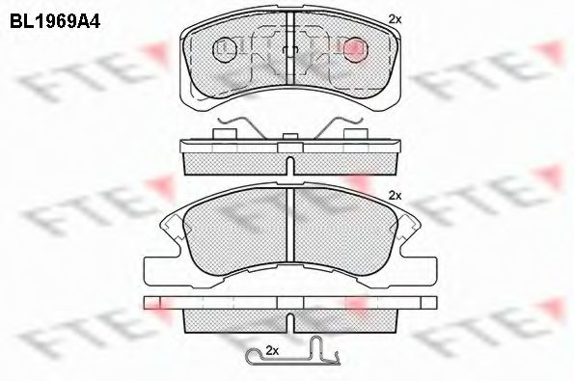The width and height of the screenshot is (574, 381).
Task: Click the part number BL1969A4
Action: [x=55, y=21]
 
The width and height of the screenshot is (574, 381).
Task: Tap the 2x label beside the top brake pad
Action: [x=395, y=19]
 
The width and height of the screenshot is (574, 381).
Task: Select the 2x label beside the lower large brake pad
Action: [x=395, y=196]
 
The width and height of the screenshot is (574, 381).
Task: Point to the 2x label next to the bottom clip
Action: [x=272, y=351]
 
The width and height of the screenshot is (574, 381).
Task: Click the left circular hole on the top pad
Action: [x=225, y=49]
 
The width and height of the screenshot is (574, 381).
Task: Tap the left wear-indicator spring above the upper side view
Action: [x=241, y=127]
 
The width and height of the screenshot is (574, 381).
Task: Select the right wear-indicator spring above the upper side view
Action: [x=339, y=127]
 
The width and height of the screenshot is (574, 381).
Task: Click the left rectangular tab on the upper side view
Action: [x=225, y=134]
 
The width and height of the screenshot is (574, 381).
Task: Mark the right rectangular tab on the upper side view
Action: [x=355, y=134]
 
